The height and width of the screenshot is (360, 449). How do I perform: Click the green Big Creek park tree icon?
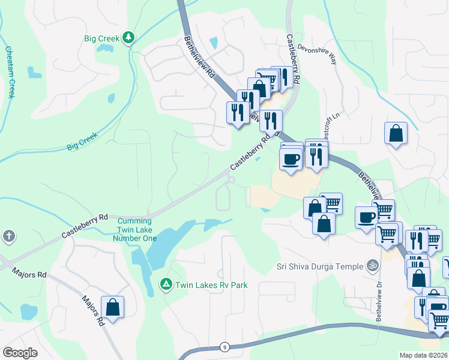(128, 38)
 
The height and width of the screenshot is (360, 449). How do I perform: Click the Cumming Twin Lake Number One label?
(135, 230)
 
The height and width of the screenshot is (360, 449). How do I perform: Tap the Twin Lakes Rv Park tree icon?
(166, 283)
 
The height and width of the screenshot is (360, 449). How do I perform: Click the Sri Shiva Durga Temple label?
(320, 266)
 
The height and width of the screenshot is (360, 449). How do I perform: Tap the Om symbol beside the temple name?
(373, 265)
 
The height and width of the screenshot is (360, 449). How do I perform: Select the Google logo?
(20, 353)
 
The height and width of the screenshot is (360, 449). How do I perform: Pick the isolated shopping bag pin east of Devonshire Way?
(396, 134)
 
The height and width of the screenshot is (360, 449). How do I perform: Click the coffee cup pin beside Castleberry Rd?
(291, 159)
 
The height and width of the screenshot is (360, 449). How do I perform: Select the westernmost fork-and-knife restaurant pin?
(238, 112)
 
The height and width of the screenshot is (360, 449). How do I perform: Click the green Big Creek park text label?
(101, 38)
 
